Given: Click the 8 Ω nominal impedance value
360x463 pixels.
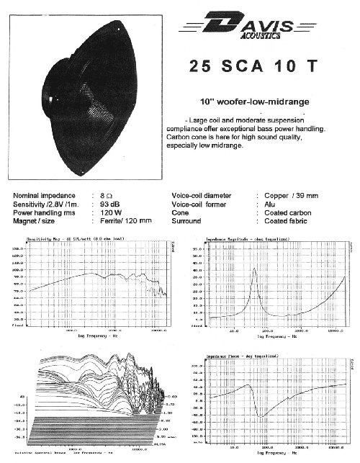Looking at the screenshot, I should tap(107, 195).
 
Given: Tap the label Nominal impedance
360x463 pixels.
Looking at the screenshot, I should tap(48, 195).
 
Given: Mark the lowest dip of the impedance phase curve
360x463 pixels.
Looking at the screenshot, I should tap(261, 415).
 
